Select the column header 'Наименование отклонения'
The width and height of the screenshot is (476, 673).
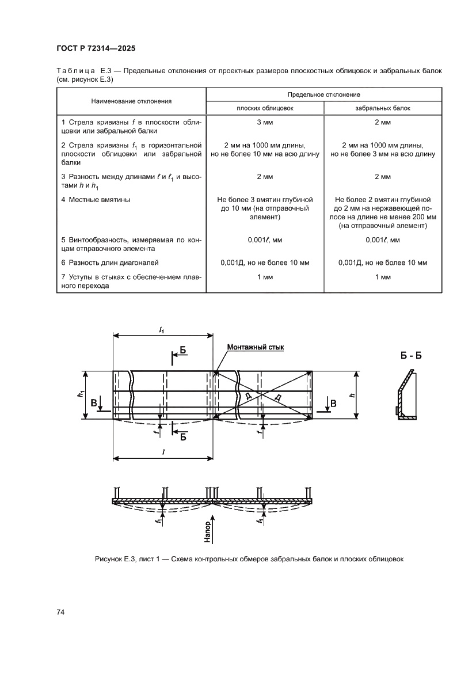point(131,101)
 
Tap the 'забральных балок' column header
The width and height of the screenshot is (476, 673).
point(383,108)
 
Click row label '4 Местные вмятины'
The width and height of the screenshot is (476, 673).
point(96,200)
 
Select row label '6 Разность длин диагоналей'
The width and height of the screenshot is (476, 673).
point(109,263)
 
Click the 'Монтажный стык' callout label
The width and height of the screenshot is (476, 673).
point(256,347)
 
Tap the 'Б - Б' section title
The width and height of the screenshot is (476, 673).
point(411,355)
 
